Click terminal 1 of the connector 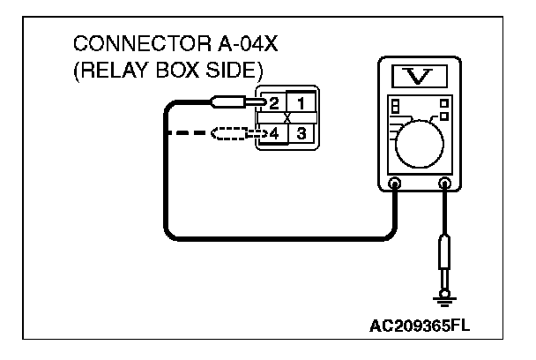click(x=301, y=103)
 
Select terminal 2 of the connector click(x=274, y=103)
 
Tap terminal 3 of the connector click(x=301, y=134)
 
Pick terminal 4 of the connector click(x=274, y=134)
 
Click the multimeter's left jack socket click(x=394, y=185)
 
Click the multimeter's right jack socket click(x=444, y=185)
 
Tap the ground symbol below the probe click(x=444, y=300)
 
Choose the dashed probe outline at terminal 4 click(x=232, y=135)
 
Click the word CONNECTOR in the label click(x=126, y=44)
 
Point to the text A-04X click(x=231, y=44)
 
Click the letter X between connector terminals click(x=287, y=118)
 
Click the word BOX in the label click(x=172, y=69)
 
